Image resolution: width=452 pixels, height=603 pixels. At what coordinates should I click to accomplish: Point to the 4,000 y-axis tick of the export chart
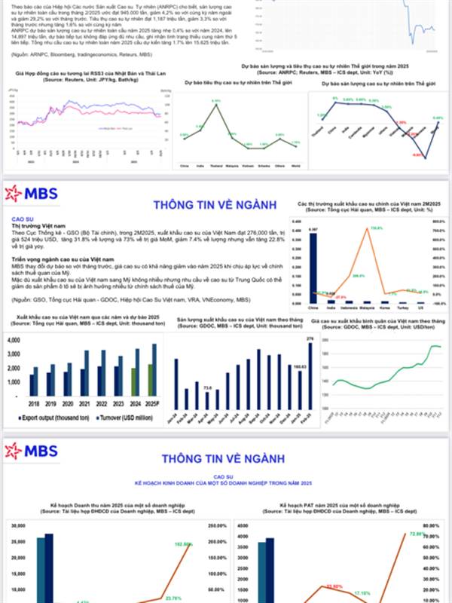(x=14, y=341)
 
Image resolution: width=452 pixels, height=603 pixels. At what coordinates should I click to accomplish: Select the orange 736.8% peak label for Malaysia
(x=377, y=228)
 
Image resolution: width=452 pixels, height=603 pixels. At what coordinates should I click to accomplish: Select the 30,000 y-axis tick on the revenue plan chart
(x=20, y=525)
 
